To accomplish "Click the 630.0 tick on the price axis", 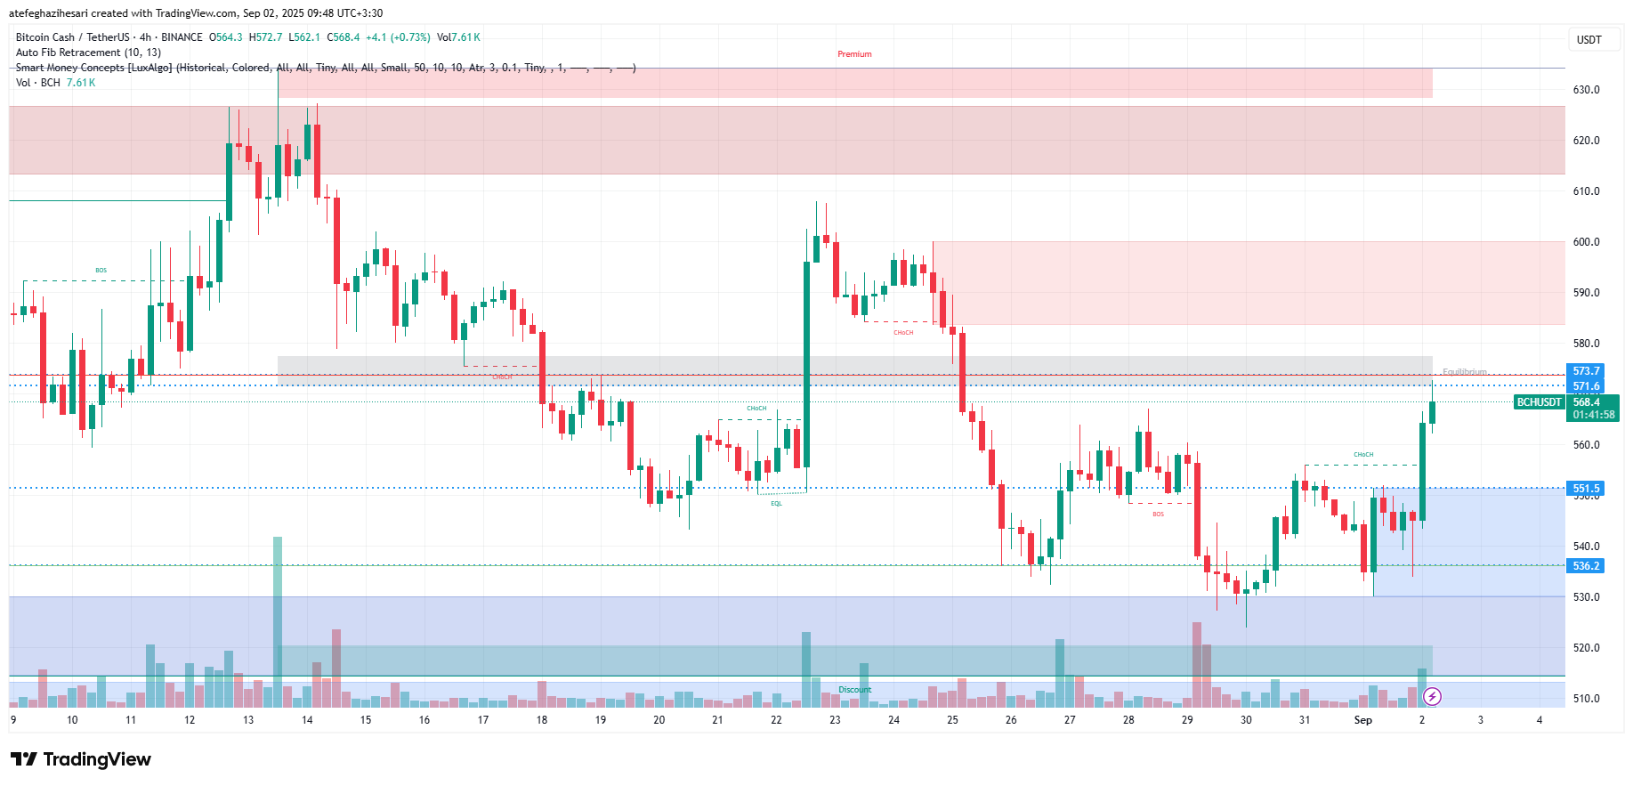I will coord(1586,90).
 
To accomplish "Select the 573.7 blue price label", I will coord(1586,371).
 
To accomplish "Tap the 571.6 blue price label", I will coord(1586,386).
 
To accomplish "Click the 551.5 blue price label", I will coord(1586,489).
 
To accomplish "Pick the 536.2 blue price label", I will coord(1586,566).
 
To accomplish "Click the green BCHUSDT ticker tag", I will coord(1540,402).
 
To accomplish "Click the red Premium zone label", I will coord(854,54).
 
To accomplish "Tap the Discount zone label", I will coord(854,690).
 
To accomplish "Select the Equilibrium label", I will coord(1464,372).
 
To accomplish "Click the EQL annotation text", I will coord(776,504).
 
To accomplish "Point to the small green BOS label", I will coord(101,271).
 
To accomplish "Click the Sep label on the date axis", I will coord(1362,720).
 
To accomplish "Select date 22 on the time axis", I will coord(776,720).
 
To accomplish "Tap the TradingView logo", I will coord(81,759).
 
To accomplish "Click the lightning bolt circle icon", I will coord(1432,696).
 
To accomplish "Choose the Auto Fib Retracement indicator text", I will coord(88,53).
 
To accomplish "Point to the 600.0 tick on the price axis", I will coord(1586,242).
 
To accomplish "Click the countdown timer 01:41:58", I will coord(1593,415).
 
